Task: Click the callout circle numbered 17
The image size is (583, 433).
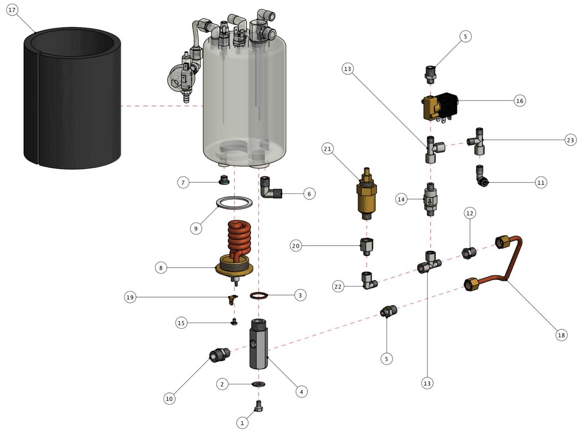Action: coord(12,10)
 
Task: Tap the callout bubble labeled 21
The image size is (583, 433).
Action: coord(328,149)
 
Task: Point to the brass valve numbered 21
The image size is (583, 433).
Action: coord(366,195)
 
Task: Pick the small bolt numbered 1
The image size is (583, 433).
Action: coord(259,406)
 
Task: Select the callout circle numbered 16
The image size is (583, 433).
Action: coord(520,101)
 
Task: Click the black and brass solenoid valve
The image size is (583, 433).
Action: coord(439,107)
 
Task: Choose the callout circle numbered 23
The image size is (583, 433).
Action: coord(570,140)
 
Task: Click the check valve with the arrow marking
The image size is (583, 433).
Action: coord(430,200)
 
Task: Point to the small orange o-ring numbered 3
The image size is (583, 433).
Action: coord(259,295)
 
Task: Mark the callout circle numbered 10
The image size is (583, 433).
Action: coord(169,398)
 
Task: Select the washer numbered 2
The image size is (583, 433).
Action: coord(258,384)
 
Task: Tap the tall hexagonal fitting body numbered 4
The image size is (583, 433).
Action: coord(258,344)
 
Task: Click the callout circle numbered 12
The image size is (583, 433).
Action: coord(470,213)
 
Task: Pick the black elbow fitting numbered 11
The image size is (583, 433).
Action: coord(483,176)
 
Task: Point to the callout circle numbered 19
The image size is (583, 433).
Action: coord(130,297)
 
